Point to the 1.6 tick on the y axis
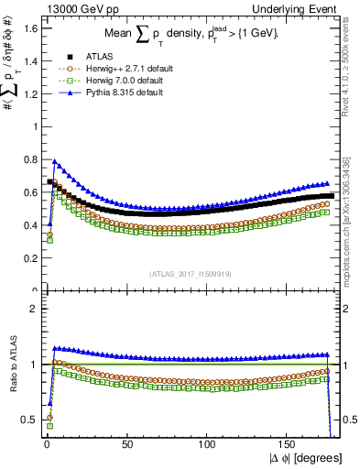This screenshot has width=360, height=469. click(28, 27)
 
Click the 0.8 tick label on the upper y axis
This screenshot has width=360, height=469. click(28, 159)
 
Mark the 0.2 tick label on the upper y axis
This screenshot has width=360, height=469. click(28, 258)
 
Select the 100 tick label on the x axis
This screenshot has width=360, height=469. click(207, 443)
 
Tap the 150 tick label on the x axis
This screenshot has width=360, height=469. click(288, 443)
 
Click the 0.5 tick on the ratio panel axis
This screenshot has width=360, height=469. click(28, 420)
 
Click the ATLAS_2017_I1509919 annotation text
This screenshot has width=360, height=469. click(190, 273)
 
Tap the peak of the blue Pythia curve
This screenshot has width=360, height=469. click(54, 161)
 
